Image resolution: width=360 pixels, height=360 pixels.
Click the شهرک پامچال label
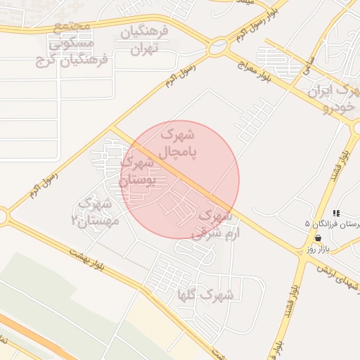point(181,141)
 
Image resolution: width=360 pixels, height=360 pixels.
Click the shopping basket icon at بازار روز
point(320,238)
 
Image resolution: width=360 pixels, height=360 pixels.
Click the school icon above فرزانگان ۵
point(336,212)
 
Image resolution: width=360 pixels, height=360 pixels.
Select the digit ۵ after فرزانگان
point(307,224)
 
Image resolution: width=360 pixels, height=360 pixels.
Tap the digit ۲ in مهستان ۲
point(75,221)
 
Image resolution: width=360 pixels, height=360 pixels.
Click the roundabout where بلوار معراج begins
point(217,49)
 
